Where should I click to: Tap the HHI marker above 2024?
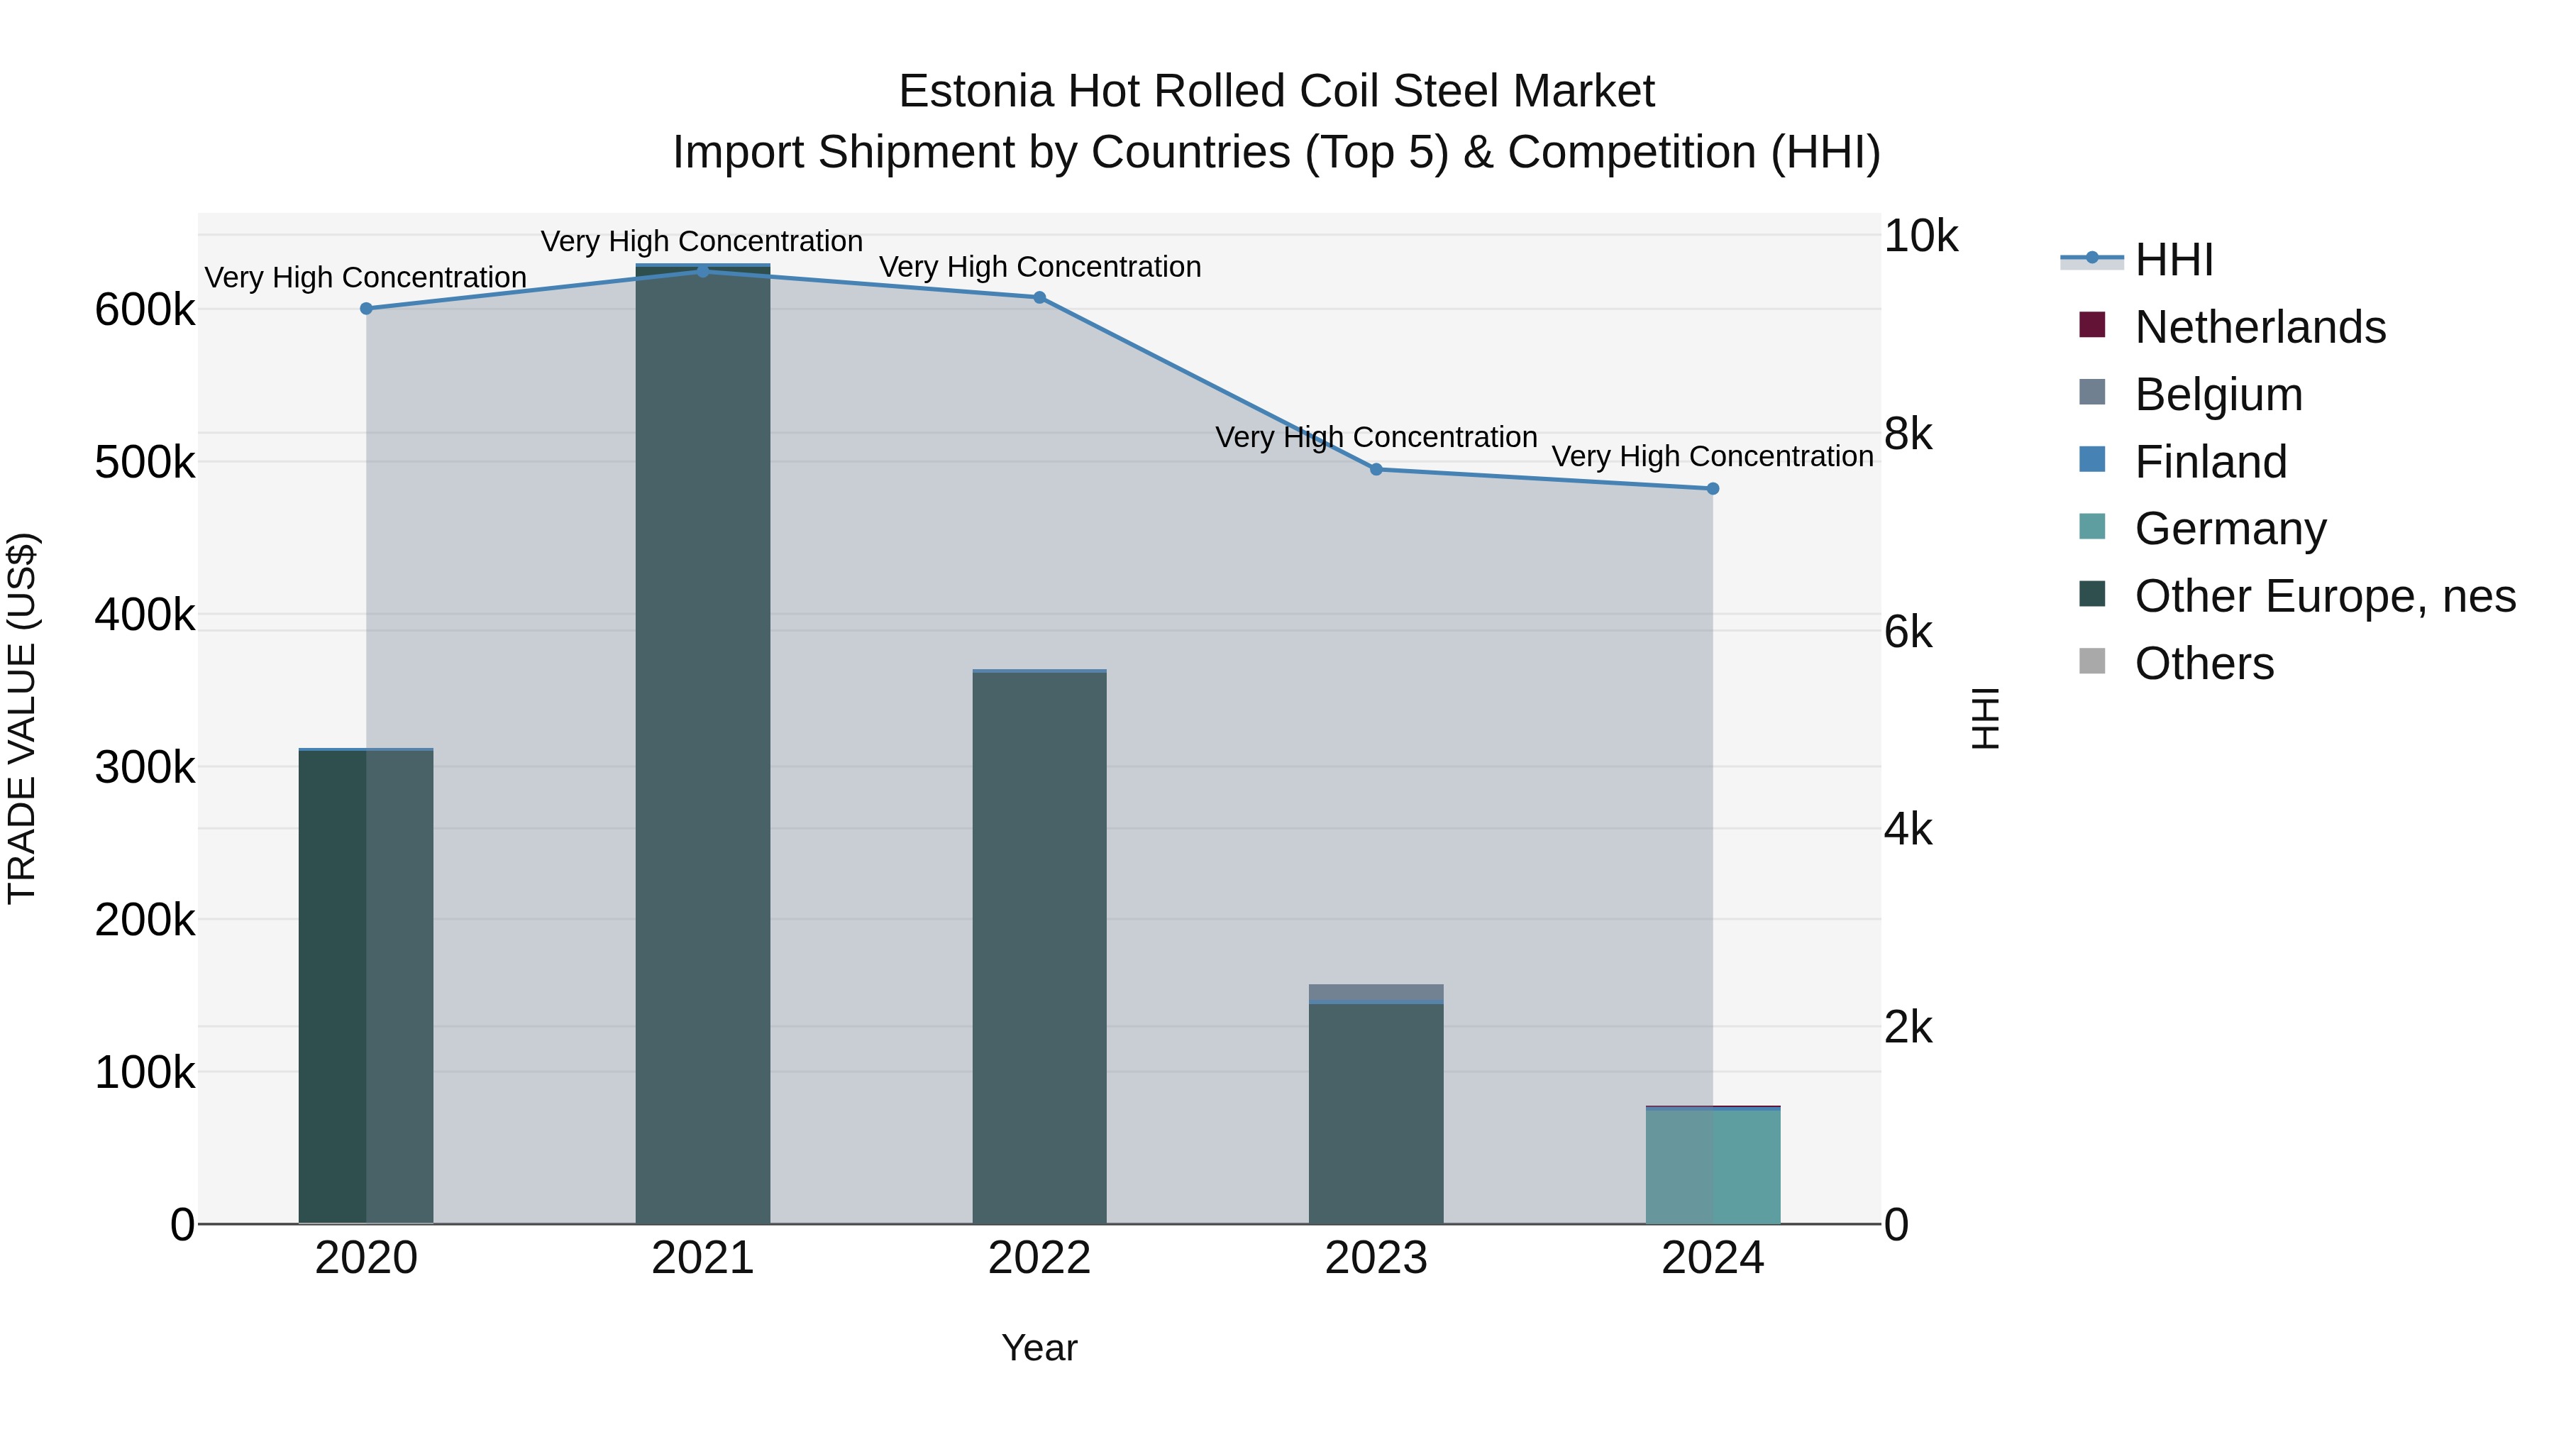[1713, 489]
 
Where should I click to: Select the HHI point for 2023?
[1376, 470]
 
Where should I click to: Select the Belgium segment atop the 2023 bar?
[1376, 993]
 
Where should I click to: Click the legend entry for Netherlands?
[2260, 327]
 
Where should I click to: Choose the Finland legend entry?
[2210, 462]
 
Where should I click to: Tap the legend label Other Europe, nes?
[2324, 596]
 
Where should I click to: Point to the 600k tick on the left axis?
[145, 310]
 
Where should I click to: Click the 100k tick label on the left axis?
[145, 1073]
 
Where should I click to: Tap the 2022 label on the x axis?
[1039, 1258]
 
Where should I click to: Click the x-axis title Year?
[1039, 1348]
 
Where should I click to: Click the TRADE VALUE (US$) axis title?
[22, 718]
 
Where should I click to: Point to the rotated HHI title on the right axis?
[1985, 718]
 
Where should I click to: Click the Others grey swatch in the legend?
[2092, 661]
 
